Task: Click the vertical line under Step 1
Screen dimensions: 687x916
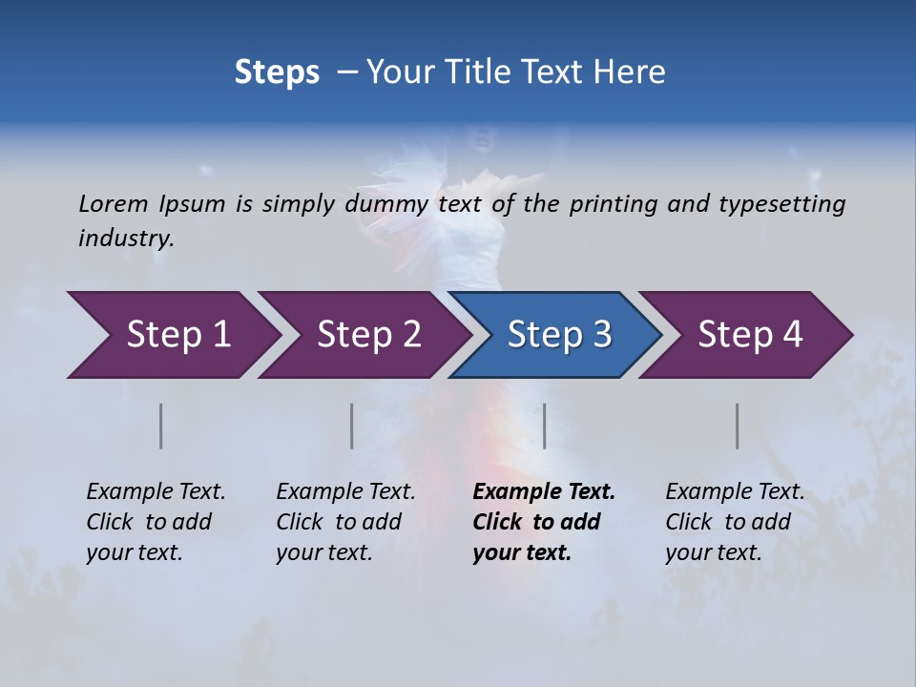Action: click(x=161, y=426)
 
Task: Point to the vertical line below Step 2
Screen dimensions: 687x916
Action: click(x=352, y=426)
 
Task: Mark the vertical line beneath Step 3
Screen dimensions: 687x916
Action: click(x=545, y=426)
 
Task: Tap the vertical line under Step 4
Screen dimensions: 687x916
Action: click(x=738, y=426)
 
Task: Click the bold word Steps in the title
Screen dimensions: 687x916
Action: click(x=277, y=73)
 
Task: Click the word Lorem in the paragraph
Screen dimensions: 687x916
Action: click(x=114, y=203)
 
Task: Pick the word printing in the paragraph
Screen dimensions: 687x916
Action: click(x=612, y=203)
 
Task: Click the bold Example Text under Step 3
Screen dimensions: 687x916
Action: click(x=544, y=492)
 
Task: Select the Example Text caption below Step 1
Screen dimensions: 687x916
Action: click(x=156, y=492)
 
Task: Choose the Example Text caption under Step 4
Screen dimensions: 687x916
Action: click(x=735, y=492)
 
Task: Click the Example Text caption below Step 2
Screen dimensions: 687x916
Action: click(x=345, y=492)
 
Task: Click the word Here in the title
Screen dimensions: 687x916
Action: click(x=633, y=73)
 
